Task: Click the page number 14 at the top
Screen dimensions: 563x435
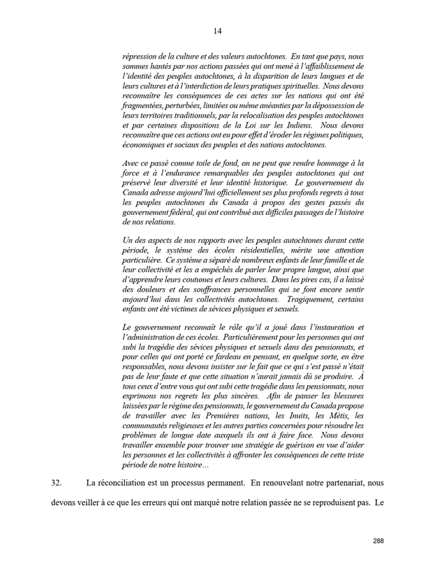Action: (x=217, y=31)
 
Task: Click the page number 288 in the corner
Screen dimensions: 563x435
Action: (x=378, y=541)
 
